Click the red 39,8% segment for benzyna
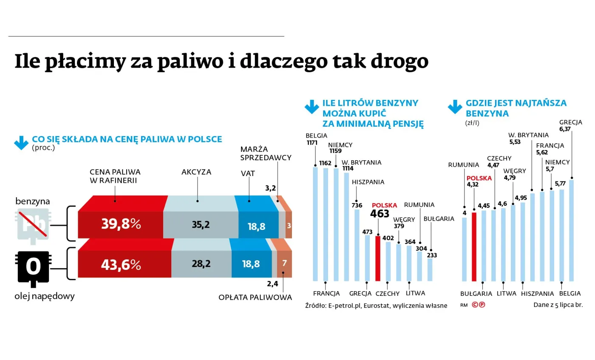121,224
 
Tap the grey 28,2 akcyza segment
201,264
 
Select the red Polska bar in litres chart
378,258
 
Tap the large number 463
380,214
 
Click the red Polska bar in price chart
474,247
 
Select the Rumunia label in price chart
464,164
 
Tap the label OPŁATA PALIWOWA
255,298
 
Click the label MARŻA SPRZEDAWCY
266,153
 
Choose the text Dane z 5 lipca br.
558,305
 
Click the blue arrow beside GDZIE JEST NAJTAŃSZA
455,107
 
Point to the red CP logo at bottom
479,305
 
